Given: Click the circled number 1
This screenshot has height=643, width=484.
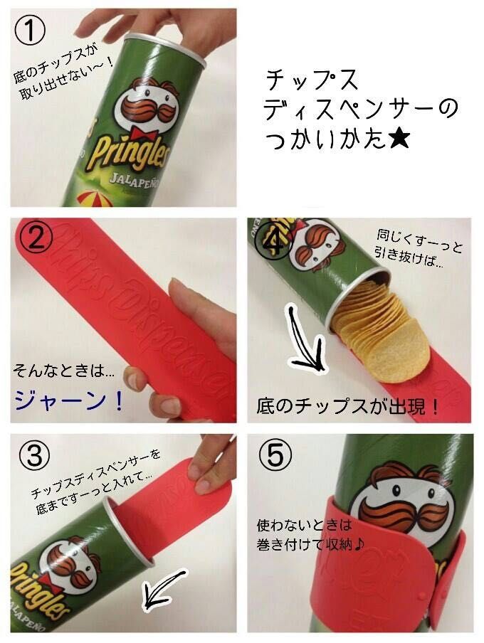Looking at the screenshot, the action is (30, 30).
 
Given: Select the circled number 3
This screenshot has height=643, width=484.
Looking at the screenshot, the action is (35, 456).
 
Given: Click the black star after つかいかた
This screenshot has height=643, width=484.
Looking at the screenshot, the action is (398, 139).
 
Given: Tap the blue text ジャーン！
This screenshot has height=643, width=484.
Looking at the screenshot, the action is (68, 400).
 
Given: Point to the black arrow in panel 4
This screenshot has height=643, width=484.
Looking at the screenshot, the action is (306, 341).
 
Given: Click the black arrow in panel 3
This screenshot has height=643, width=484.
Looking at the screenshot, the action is (164, 588).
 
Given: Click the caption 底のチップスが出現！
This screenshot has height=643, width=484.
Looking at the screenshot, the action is (347, 405).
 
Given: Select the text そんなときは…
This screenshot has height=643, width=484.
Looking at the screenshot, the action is (64, 371).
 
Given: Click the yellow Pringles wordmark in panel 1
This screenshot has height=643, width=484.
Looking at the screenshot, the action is (129, 152).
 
